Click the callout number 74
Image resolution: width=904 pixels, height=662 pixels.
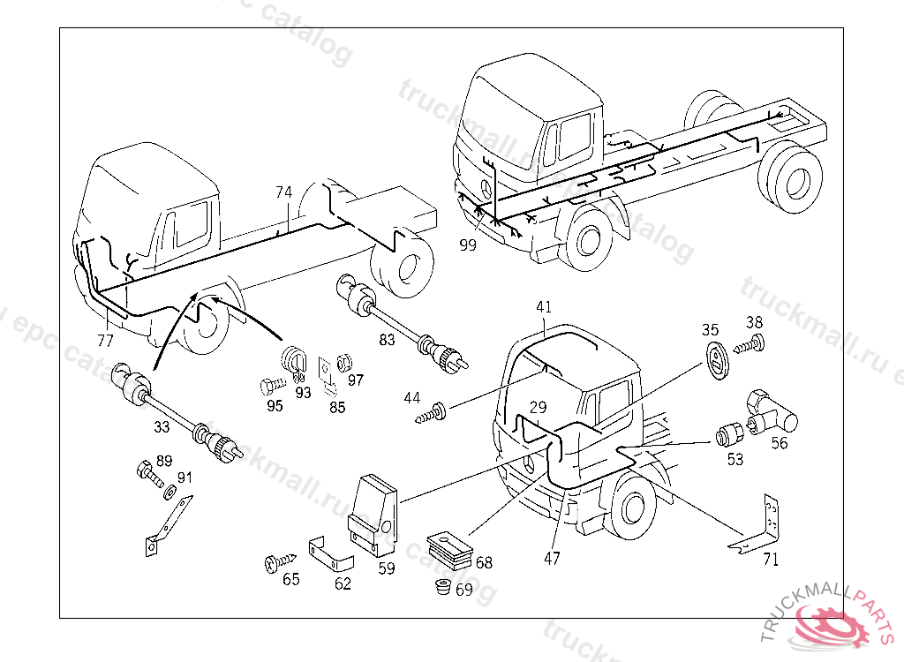pos(283,192)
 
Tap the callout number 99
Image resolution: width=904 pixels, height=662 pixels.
pos(468,245)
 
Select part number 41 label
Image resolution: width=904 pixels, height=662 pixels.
pos(544,307)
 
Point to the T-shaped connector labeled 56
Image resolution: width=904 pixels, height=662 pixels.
pos(769,410)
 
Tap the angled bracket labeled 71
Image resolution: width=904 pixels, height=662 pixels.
pos(760,527)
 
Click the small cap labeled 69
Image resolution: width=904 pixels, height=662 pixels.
pos(442,588)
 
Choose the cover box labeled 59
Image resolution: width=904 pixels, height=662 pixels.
pos(374,513)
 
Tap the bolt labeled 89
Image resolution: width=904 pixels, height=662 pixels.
pos(148,476)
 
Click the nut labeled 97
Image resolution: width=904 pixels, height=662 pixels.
pos(347,362)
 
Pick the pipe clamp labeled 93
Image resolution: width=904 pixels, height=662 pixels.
pos(292,360)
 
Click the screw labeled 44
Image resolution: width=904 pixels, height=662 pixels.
pos(434,411)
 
